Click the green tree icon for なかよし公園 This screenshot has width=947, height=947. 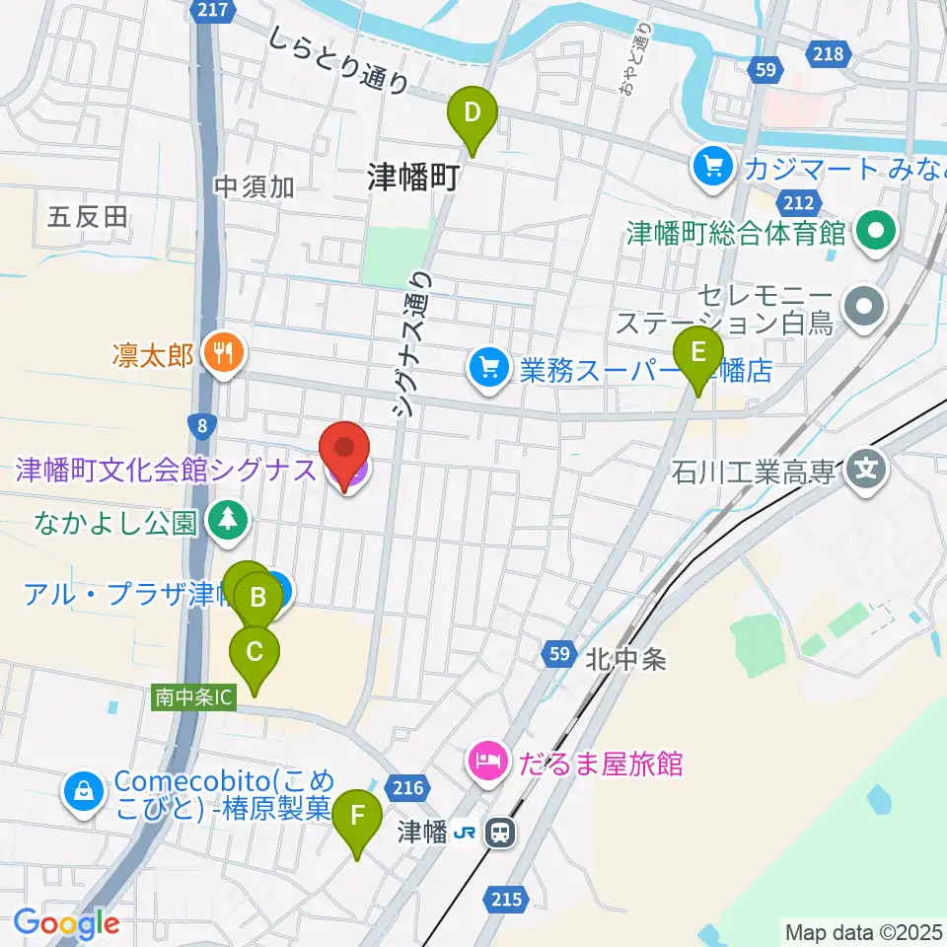point(229,520)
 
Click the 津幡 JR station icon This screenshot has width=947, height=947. point(502,834)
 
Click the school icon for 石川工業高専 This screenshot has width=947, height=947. point(866,467)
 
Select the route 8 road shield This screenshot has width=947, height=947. point(201,425)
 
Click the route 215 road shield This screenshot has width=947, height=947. point(505,898)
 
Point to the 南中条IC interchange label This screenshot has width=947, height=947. point(194,697)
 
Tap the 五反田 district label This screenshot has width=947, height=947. point(88,216)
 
